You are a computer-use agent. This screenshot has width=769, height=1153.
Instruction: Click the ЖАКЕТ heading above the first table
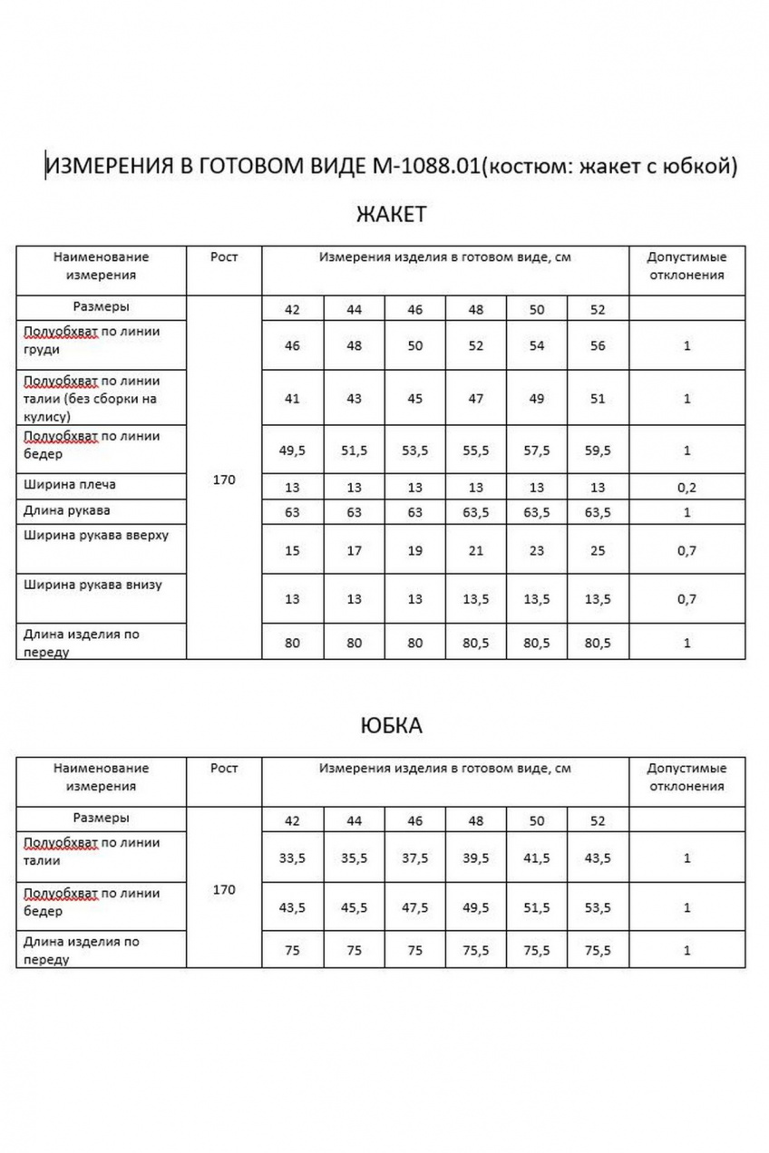pyautogui.click(x=391, y=215)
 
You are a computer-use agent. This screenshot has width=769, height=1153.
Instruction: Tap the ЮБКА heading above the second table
pyautogui.click(x=391, y=726)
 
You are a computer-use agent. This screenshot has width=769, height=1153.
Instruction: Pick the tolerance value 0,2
pyautogui.click(x=686, y=488)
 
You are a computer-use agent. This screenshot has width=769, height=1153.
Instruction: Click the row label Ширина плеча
pyautogui.click(x=70, y=484)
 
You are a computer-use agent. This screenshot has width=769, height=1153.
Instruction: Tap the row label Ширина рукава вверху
pyautogui.click(x=96, y=535)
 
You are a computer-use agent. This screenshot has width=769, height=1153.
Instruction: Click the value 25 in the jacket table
pyautogui.click(x=597, y=550)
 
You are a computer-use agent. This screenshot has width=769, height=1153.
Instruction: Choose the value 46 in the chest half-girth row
pyautogui.click(x=292, y=346)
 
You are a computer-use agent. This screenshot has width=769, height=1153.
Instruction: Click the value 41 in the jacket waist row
pyautogui.click(x=292, y=398)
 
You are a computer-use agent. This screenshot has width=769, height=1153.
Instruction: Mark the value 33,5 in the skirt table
pyautogui.click(x=292, y=857)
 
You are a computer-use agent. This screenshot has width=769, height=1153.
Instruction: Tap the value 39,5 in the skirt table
pyautogui.click(x=475, y=857)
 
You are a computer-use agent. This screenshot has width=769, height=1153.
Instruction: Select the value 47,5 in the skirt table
pyautogui.click(x=414, y=907)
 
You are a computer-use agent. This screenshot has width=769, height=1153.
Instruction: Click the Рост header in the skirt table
pyautogui.click(x=223, y=768)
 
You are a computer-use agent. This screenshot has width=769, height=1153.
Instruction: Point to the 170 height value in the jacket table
pyautogui.click(x=223, y=480)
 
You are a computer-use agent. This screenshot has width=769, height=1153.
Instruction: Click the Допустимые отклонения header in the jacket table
pyautogui.click(x=686, y=266)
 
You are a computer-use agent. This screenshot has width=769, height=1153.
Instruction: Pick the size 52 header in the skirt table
pyautogui.click(x=597, y=821)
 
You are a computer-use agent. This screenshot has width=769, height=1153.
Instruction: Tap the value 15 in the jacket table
pyautogui.click(x=292, y=550)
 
